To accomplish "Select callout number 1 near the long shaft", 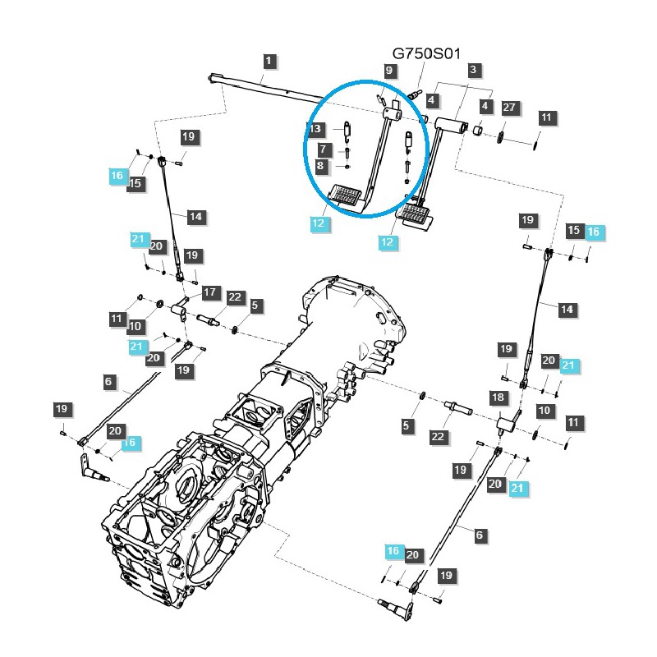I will [x=270, y=60].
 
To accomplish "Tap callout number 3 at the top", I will [x=473, y=71].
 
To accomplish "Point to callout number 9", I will [x=389, y=71].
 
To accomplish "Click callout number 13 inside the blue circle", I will [x=316, y=129].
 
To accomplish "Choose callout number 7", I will [x=323, y=149].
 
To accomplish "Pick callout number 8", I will [x=323, y=167].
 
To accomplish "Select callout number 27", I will [x=509, y=108].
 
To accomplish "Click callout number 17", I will [x=209, y=292].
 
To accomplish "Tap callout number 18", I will [x=498, y=397].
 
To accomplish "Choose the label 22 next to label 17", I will [x=235, y=297].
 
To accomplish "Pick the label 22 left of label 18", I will [x=438, y=436].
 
